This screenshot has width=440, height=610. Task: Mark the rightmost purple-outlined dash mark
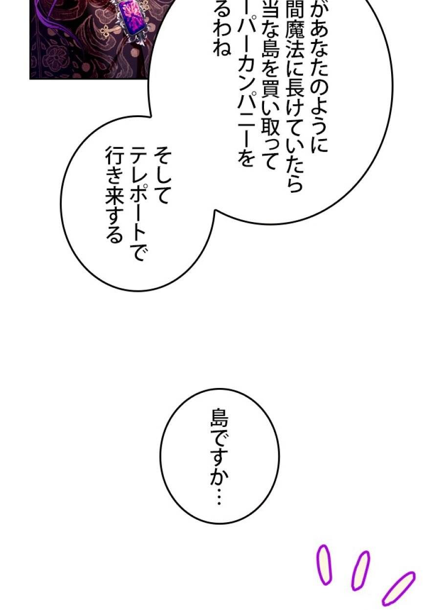pos(398,588)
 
